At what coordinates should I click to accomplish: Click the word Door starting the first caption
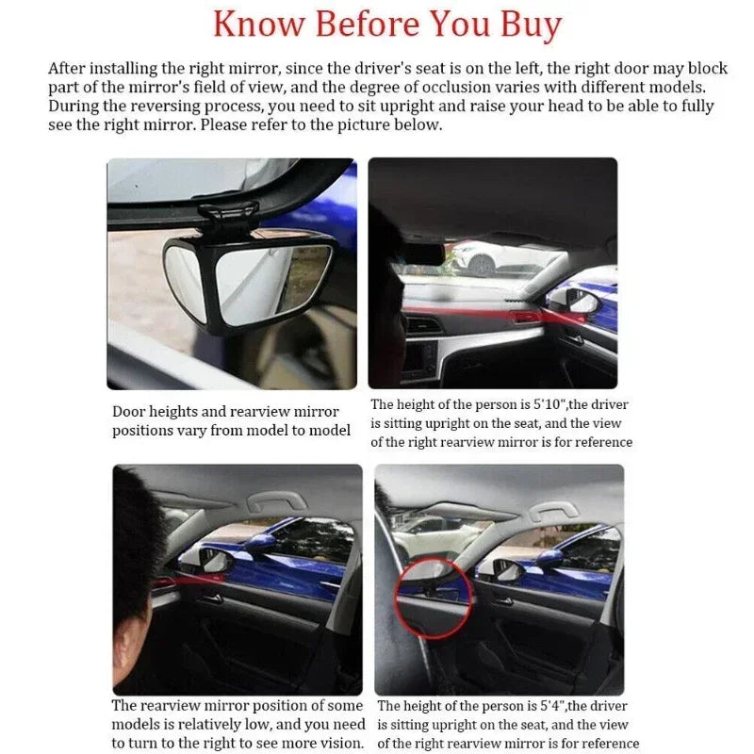129,412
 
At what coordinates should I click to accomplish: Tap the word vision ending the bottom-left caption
340,743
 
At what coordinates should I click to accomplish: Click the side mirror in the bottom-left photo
213,562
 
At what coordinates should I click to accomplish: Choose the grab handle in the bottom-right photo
552,511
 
